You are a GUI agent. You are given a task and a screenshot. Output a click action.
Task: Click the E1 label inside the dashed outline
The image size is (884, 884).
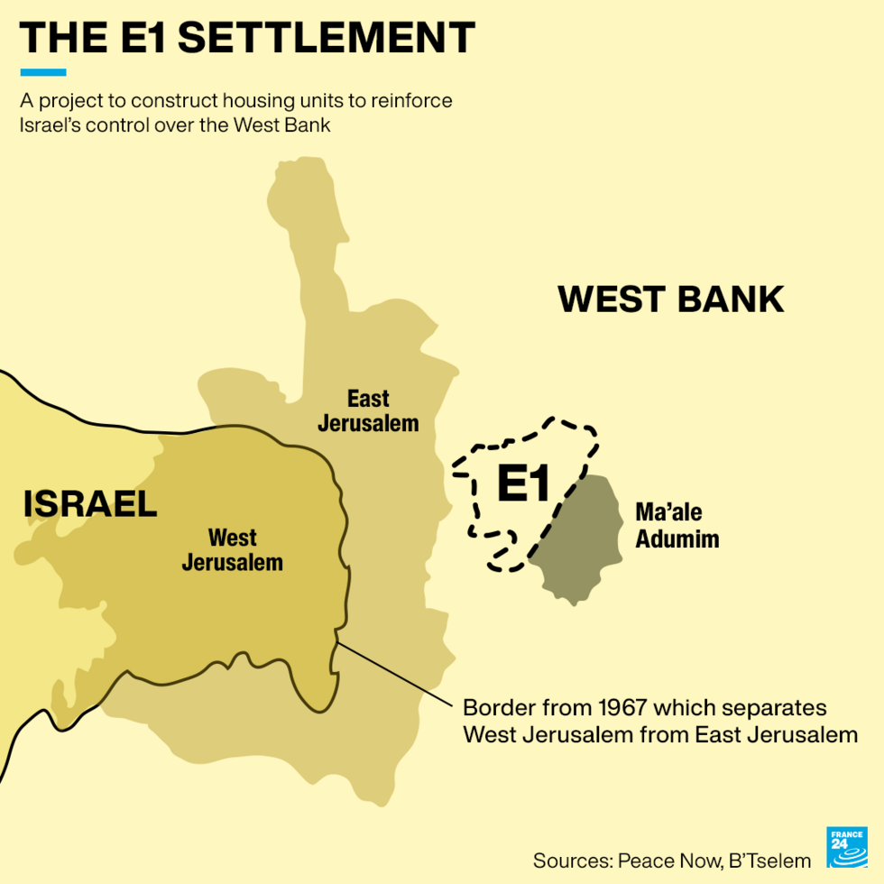coord(523,485)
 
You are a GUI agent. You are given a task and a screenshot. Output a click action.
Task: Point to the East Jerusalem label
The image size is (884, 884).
coord(368,410)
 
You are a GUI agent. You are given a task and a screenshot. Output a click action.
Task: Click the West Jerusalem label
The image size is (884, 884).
coord(232,550)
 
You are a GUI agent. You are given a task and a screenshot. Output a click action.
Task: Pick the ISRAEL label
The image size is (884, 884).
coord(90,504)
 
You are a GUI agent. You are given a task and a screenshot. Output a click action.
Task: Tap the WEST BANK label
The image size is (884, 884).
coord(671,299)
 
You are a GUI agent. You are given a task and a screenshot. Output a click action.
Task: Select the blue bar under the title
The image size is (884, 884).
coord(42,72)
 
